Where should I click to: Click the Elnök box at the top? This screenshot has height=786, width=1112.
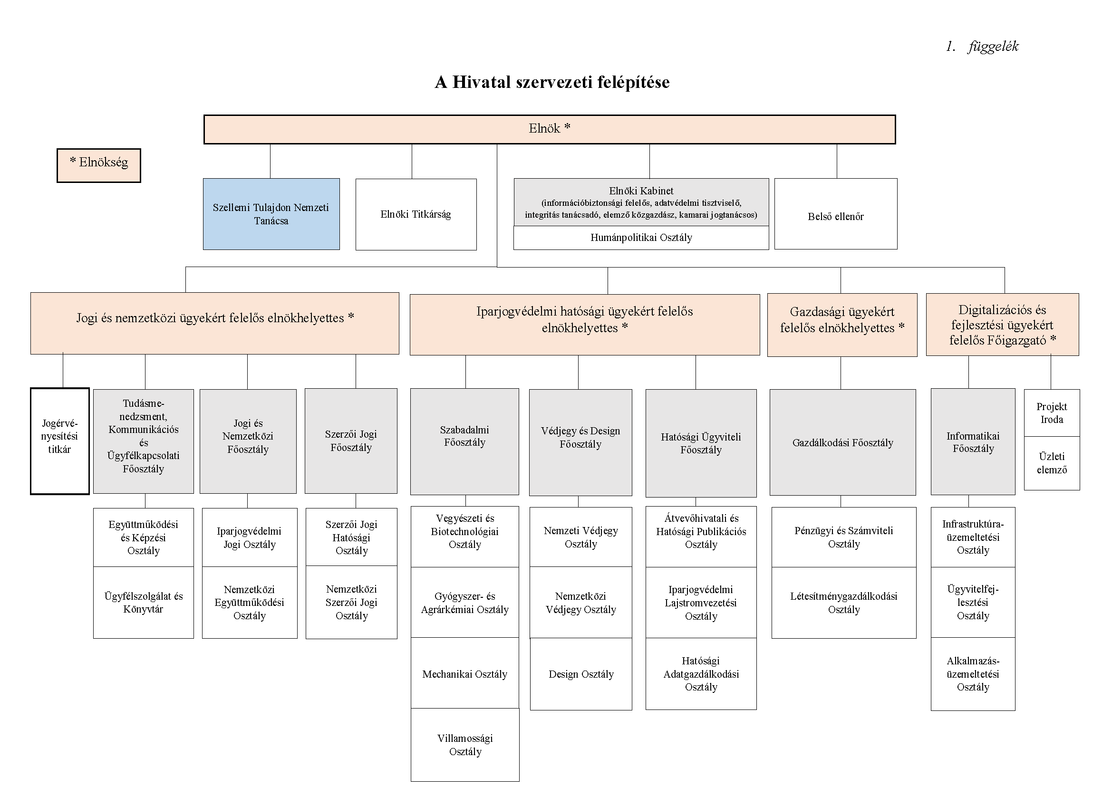click(549, 129)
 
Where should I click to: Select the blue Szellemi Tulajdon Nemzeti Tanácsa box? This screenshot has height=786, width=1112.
click(271, 214)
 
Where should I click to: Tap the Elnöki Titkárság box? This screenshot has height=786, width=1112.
click(416, 214)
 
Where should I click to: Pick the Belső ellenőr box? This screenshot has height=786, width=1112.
click(836, 214)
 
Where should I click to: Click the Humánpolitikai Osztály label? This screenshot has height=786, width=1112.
click(641, 237)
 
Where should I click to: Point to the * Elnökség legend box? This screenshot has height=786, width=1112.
click(99, 165)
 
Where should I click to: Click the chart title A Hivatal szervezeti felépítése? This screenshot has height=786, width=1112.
click(552, 82)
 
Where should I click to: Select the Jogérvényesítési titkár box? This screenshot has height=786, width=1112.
click(60, 441)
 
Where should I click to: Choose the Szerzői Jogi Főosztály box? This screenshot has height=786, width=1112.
click(351, 441)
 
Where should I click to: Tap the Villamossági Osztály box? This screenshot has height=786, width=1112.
click(465, 744)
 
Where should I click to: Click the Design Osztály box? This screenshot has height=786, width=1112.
click(581, 674)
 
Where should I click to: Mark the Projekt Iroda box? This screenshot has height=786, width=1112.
click(1052, 413)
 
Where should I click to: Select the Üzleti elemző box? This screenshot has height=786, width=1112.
click(1052, 463)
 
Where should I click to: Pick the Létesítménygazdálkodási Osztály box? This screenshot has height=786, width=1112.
click(844, 603)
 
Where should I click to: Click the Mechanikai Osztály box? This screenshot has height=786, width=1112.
click(465, 673)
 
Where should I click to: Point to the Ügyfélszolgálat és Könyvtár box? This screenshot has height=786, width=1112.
click(144, 603)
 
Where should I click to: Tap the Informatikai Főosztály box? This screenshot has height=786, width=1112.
click(973, 441)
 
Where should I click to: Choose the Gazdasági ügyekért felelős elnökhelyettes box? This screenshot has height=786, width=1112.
click(842, 325)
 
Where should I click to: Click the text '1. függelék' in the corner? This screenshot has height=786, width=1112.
click(982, 47)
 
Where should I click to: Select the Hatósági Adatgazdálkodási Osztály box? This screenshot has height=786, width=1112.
click(701, 674)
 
